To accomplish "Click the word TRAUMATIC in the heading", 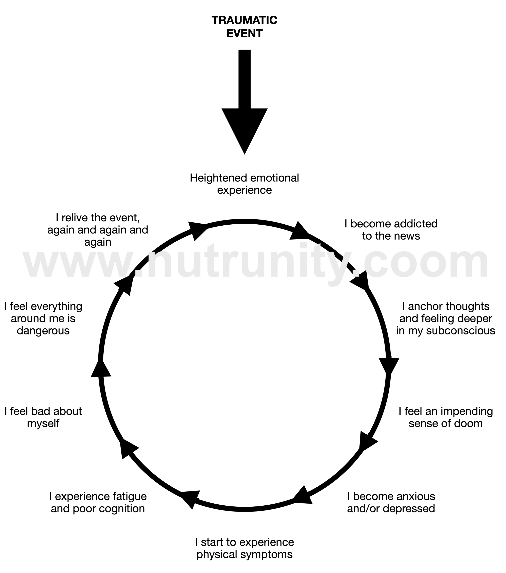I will (244, 20).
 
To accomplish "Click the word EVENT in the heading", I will (244, 34).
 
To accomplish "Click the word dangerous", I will (43, 331).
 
